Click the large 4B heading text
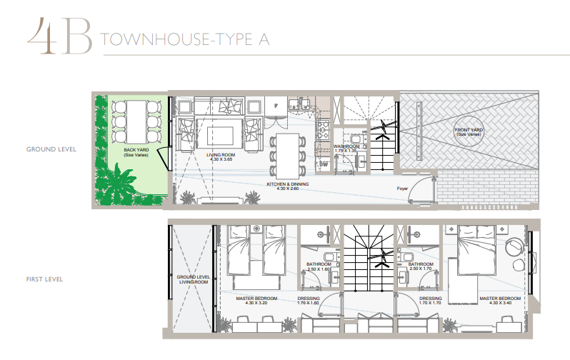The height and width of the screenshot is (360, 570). click(59, 36)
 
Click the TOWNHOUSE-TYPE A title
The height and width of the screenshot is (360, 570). click(185, 39)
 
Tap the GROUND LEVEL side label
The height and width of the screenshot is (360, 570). click(51, 149)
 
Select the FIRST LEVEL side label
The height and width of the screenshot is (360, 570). click(44, 279)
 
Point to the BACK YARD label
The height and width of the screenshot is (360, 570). click(136, 152)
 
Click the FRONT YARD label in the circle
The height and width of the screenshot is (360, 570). click(469, 132)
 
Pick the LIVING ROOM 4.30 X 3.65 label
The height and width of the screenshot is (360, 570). click(221, 156)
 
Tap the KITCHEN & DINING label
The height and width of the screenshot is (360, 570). click(288, 186)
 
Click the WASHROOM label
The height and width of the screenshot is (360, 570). click(346, 149)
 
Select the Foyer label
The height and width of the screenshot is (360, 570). click(402, 189)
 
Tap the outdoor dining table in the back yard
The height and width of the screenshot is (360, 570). click(136, 122)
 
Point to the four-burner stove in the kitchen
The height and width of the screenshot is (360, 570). click(322, 130)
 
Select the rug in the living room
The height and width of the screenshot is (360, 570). click(220, 134)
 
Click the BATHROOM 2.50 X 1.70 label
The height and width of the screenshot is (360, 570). click(421, 266)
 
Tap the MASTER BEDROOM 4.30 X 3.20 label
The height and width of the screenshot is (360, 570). click(256, 301)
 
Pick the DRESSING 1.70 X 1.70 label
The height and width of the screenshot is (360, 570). click(431, 301)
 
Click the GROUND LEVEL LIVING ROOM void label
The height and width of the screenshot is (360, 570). click(193, 279)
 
